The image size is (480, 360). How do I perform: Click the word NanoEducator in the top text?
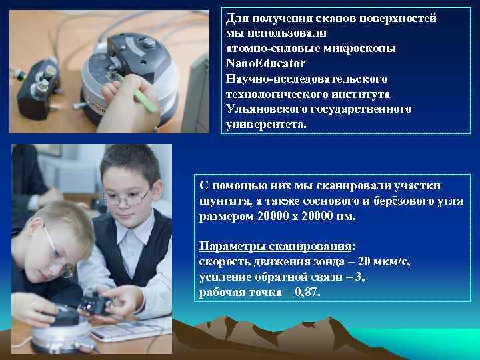point(266,63)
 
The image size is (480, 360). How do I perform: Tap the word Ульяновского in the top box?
point(264,109)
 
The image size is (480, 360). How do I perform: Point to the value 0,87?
point(306,292)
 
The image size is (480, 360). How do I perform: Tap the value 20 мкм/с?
point(381,262)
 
